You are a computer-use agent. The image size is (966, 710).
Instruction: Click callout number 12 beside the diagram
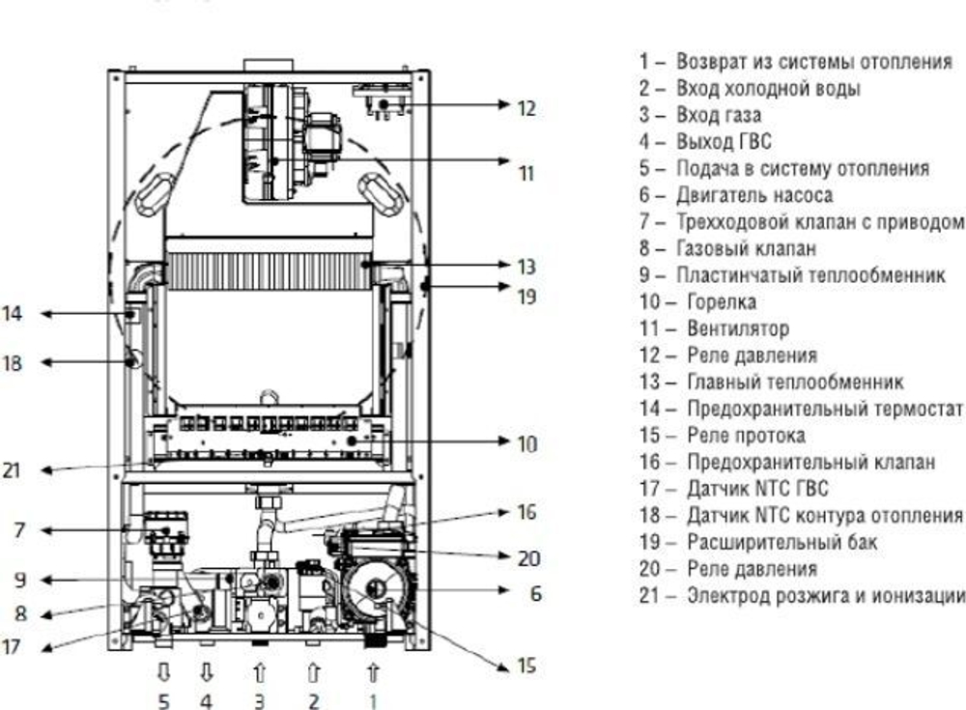click(x=526, y=108)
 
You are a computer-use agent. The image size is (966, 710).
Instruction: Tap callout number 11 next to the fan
click(x=526, y=175)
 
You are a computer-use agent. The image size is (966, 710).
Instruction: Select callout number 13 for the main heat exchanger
click(x=526, y=267)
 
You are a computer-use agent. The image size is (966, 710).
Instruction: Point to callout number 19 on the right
click(x=526, y=297)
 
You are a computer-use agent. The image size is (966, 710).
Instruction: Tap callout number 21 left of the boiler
click(x=12, y=471)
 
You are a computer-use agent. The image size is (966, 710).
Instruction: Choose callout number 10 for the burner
click(x=526, y=444)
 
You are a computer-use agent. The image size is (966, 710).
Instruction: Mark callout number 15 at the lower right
click(x=526, y=667)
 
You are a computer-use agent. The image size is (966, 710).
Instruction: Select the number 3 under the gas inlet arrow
click(x=259, y=700)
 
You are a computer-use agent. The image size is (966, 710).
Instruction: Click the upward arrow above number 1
click(x=373, y=669)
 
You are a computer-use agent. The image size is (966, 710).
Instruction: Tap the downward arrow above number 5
click(x=163, y=669)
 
